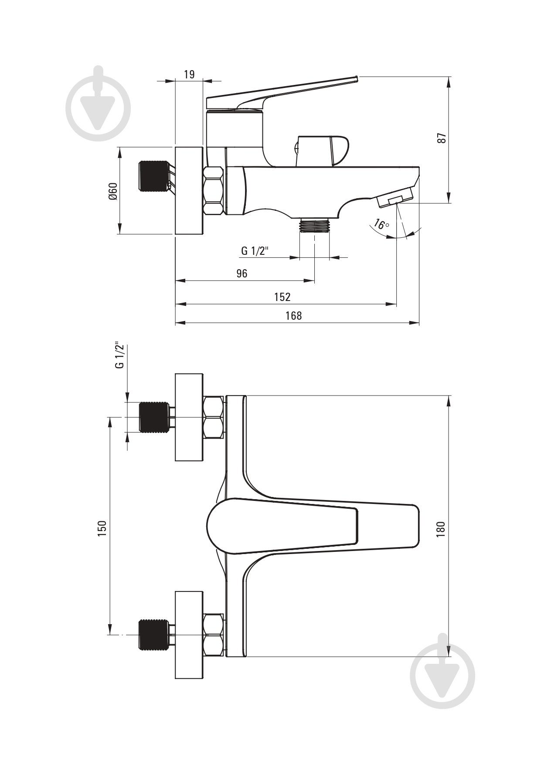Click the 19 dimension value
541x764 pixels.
coord(189,74)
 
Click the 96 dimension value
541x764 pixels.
coord(242,273)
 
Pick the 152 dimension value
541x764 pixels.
coord(282,297)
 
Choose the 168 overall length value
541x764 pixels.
coord(293,315)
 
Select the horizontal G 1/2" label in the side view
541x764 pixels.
coord(255,251)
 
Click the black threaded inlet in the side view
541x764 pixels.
coord(153,176)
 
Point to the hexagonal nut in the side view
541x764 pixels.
coord(214,190)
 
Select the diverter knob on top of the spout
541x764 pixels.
coord(323,151)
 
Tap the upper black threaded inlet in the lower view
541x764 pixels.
coord(153,417)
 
